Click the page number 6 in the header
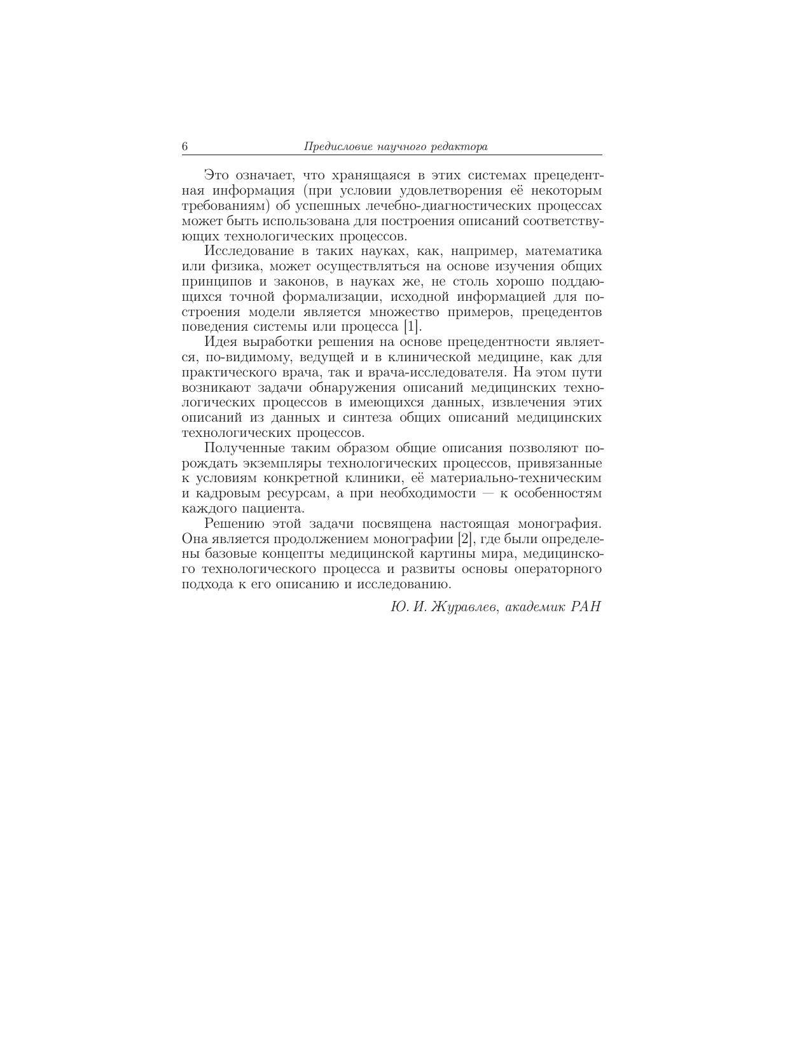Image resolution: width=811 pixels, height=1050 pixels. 185,147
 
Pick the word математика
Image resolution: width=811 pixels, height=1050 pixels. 564,251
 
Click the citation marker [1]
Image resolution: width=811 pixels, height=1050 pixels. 412,328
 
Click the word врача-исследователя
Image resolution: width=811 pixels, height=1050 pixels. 437,373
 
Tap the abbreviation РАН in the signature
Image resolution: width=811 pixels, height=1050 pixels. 585,607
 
